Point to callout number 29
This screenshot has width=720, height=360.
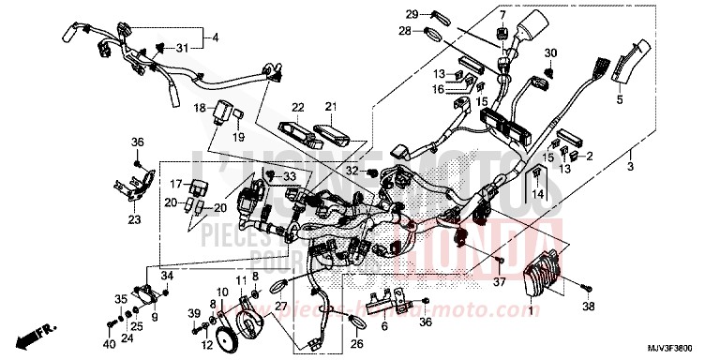412,14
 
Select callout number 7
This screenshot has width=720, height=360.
502,14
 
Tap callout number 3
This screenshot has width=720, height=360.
631,167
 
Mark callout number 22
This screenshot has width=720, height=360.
297,107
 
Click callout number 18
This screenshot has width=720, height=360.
200,108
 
